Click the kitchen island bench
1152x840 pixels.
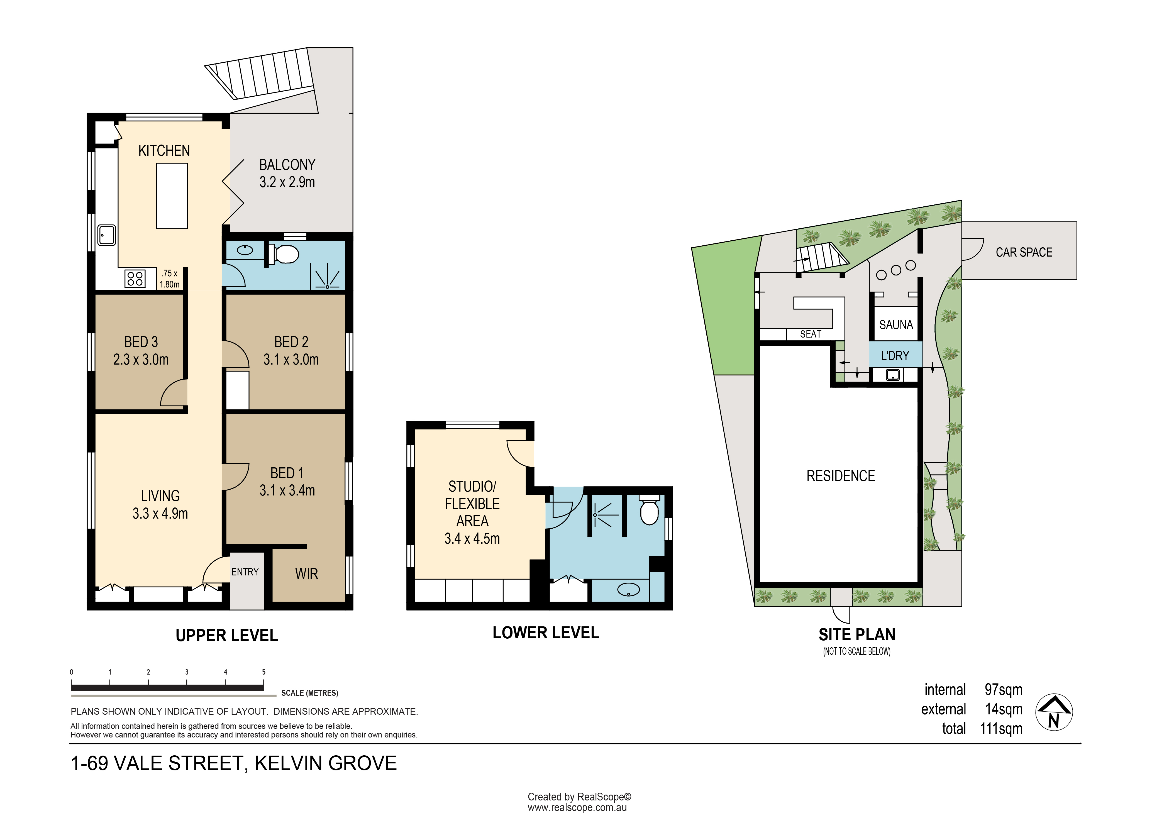tap(172, 196)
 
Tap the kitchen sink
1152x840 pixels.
tap(107, 235)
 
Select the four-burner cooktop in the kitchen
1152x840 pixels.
tap(135, 279)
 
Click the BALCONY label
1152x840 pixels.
tap(287, 165)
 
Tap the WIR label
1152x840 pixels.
tap(307, 574)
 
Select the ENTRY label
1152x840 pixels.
tap(245, 572)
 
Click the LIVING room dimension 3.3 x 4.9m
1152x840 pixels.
tap(160, 514)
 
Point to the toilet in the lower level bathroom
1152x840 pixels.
tap(649, 510)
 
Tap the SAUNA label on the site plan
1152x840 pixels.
tap(896, 325)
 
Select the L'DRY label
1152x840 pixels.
tap(895, 356)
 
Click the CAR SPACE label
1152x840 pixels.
tap(1024, 252)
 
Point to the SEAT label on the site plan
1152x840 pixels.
tap(810, 334)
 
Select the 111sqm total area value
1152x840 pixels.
tap(1001, 729)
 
